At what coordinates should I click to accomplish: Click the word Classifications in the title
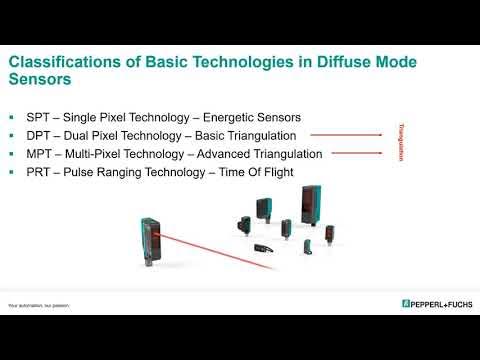coord(54,63)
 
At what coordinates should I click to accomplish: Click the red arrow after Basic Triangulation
coord(346,134)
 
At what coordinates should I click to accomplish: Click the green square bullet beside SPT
coord(12,117)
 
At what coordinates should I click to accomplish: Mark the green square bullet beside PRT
coord(12,173)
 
